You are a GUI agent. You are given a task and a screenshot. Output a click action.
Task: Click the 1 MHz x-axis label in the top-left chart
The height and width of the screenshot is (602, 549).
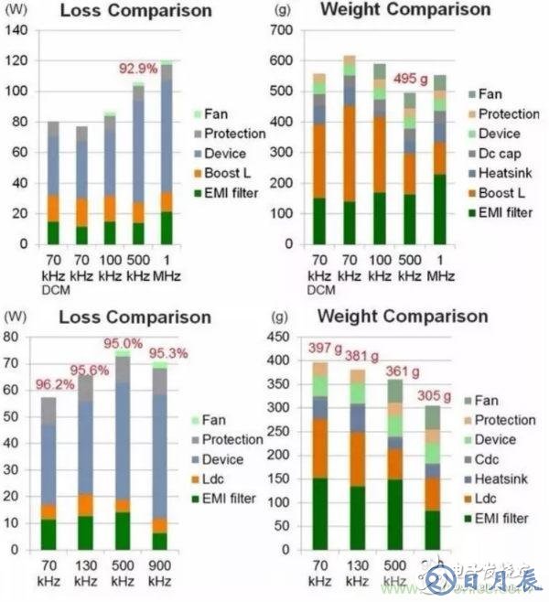tap(167, 267)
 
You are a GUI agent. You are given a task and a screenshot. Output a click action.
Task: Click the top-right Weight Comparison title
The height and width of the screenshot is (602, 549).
tap(406, 10)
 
